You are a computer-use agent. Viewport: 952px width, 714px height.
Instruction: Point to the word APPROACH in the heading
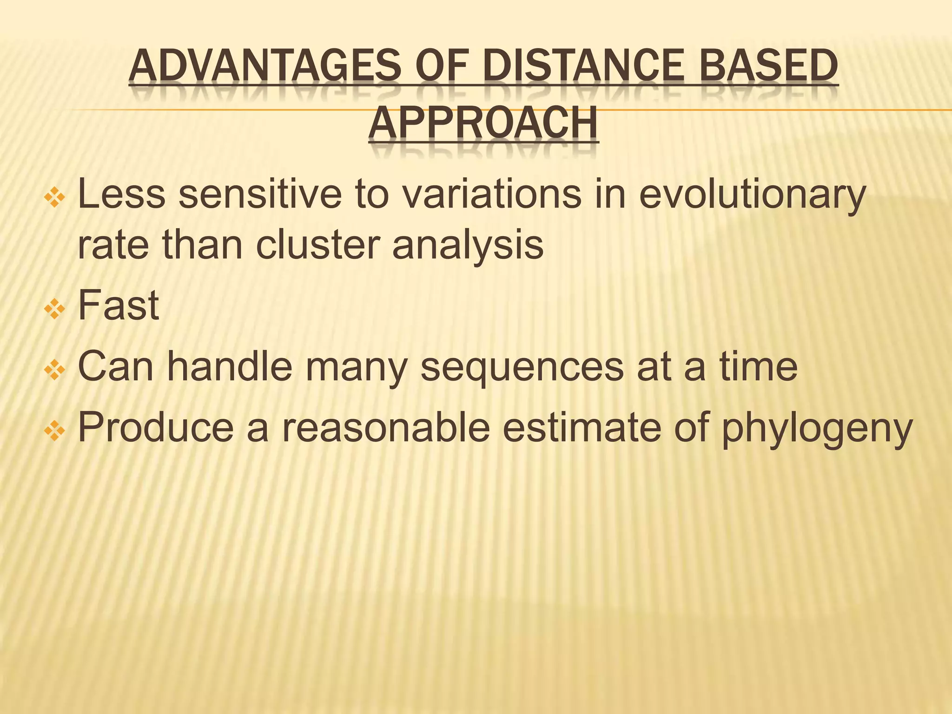(x=483, y=124)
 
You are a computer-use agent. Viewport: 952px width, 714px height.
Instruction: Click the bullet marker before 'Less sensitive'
(x=54, y=198)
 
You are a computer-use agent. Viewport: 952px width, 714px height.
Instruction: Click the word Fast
(x=119, y=305)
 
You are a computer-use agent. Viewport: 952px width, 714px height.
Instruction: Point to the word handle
(x=230, y=367)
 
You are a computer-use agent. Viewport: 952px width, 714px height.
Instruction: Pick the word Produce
(x=156, y=428)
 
